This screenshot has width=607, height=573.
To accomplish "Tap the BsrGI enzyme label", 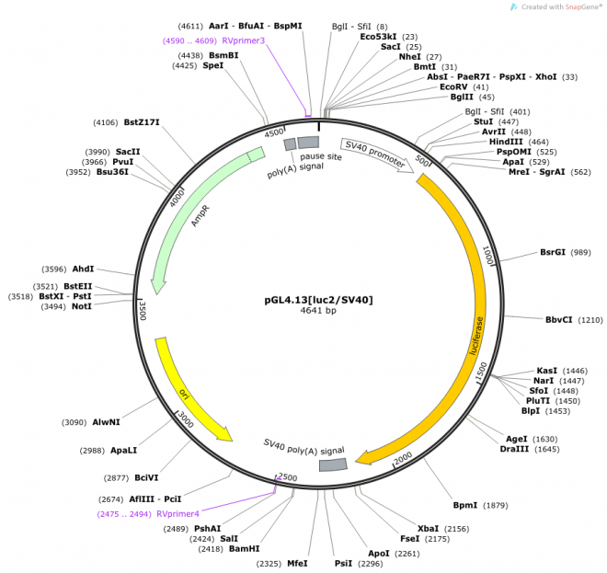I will (x=553, y=252).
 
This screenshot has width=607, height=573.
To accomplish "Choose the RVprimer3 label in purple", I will (x=243, y=40).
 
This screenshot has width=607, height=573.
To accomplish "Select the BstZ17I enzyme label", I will (x=142, y=122).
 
